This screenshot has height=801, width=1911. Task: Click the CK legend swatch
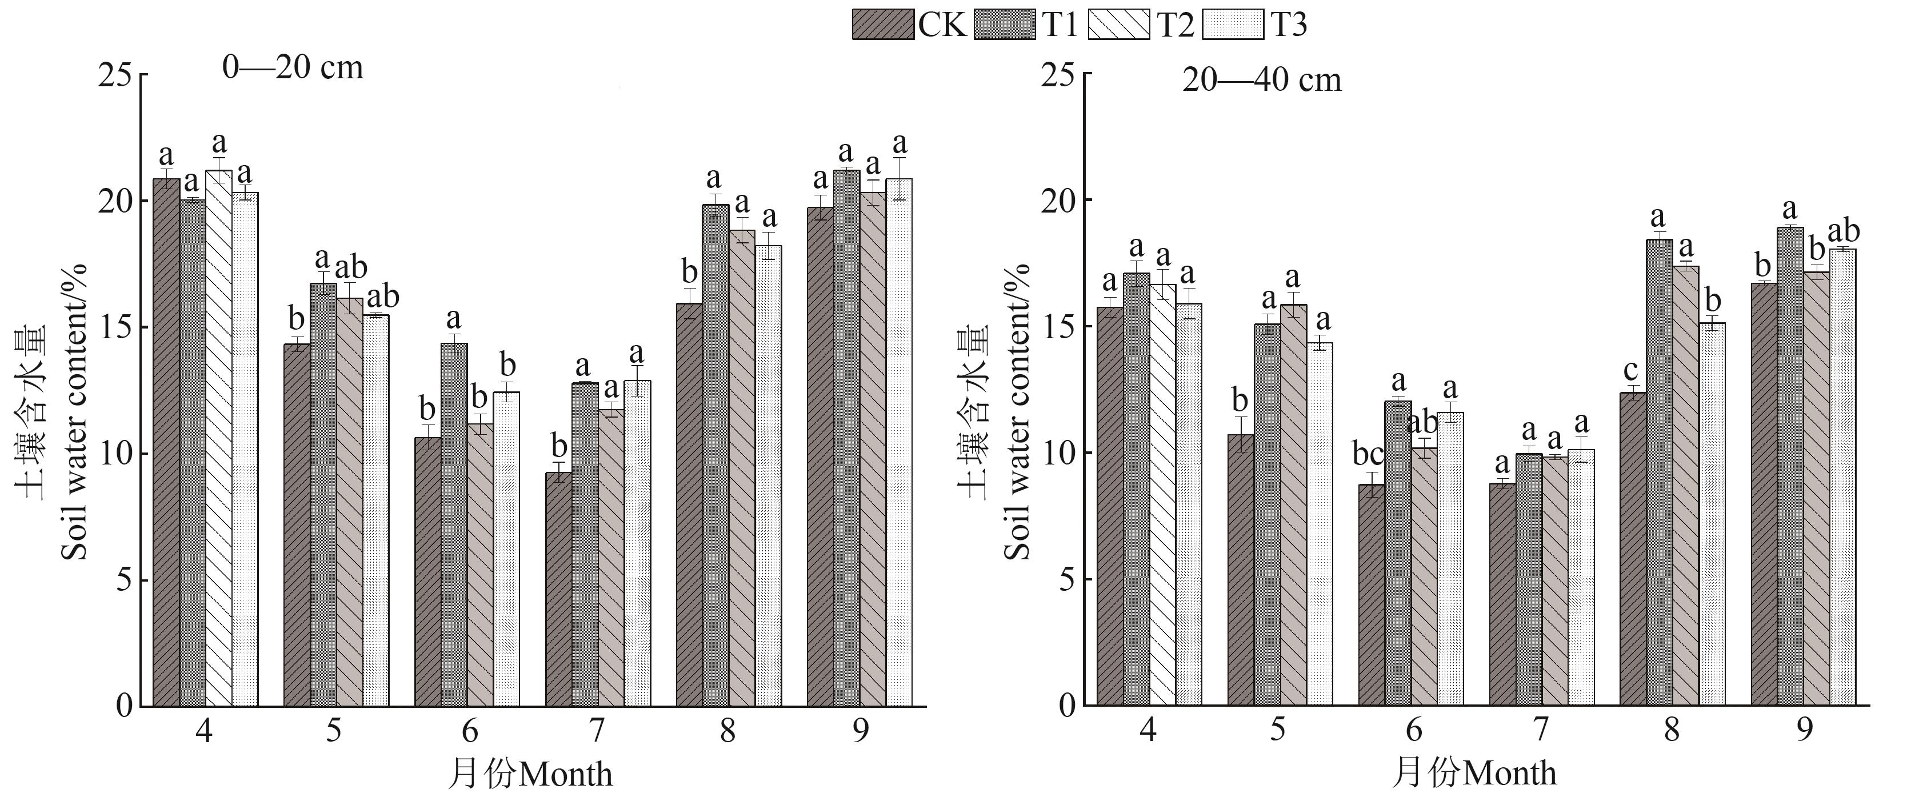(883, 25)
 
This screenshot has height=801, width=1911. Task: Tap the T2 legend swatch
(1119, 25)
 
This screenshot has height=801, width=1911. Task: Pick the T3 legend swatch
(1232, 25)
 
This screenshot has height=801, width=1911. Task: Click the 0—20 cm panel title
(293, 67)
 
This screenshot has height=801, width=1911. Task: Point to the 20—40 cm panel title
(1262, 79)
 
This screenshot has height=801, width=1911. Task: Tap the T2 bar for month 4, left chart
(219, 438)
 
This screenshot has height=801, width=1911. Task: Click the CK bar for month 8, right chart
(1633, 549)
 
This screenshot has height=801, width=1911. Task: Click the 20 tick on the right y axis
(1060, 200)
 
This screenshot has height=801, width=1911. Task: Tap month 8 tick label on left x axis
(727, 732)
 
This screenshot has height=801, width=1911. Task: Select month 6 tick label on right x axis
(1414, 732)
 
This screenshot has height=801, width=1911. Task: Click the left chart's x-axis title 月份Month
(531, 774)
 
